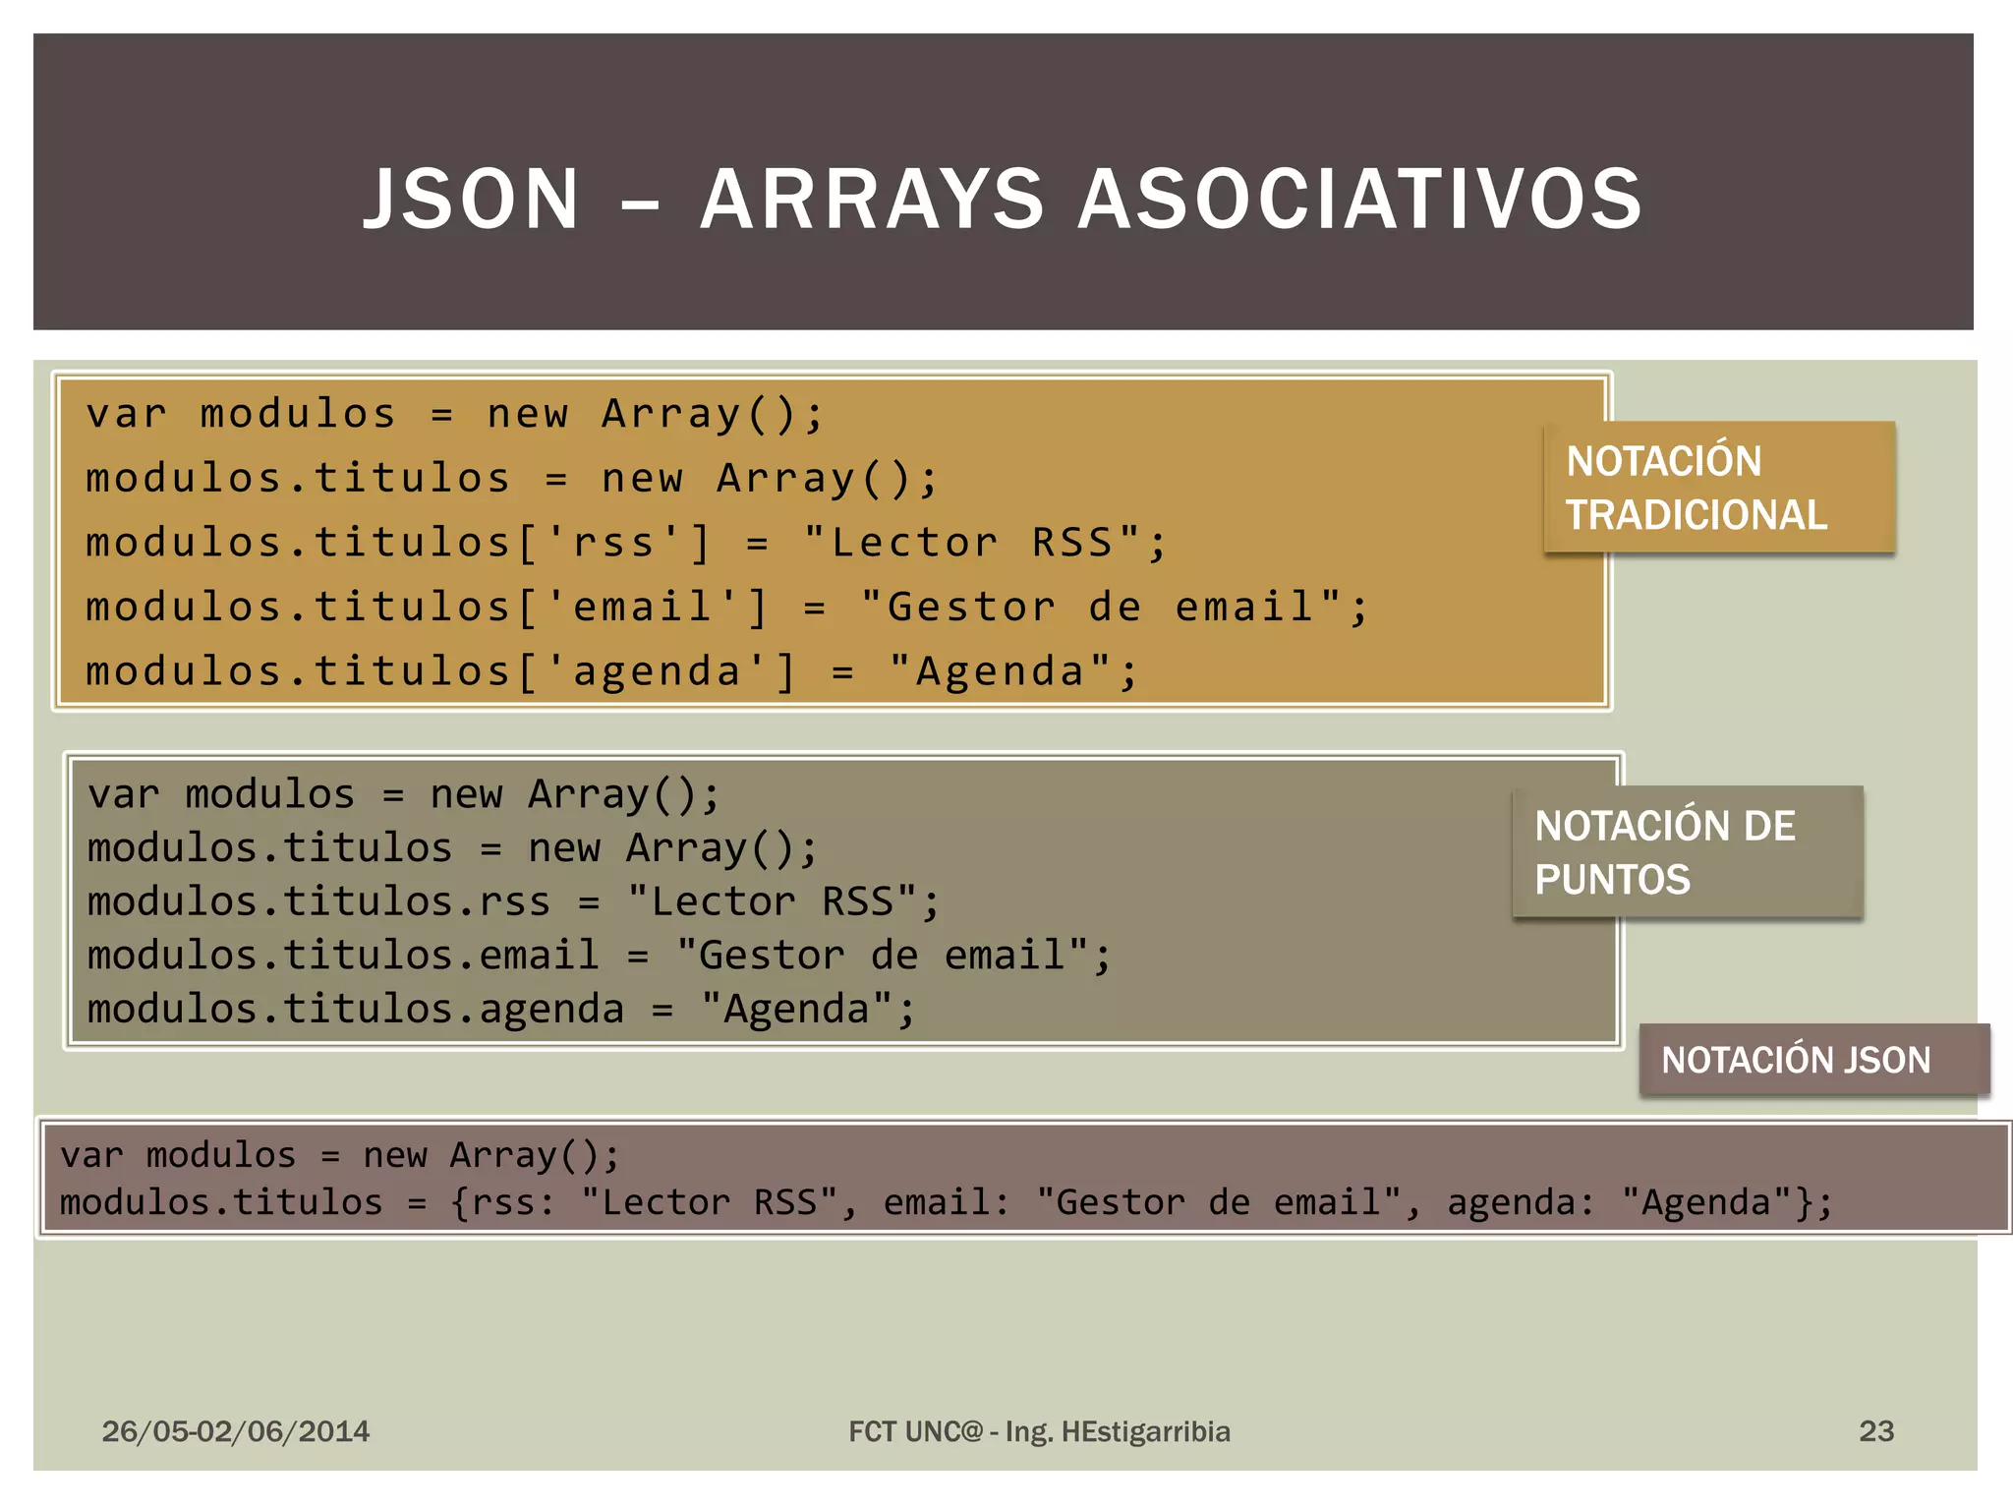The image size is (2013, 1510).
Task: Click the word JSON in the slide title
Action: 472,200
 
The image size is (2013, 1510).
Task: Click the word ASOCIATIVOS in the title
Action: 1360,200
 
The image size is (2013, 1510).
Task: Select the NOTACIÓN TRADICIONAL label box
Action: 1719,488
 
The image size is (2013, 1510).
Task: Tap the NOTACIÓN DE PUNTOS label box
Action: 1688,852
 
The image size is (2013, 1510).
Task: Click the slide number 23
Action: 1875,1430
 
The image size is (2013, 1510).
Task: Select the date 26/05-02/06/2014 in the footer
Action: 236,1430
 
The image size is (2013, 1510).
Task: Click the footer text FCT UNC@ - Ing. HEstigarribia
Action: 1039,1430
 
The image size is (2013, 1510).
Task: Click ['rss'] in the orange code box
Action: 613,543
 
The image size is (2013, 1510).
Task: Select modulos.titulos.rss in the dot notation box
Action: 318,901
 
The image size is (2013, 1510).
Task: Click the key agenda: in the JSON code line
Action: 1520,1202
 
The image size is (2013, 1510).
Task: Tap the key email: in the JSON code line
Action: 946,1202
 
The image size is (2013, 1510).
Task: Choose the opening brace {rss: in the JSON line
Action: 502,1202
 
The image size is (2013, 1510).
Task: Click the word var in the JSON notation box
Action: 91,1155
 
